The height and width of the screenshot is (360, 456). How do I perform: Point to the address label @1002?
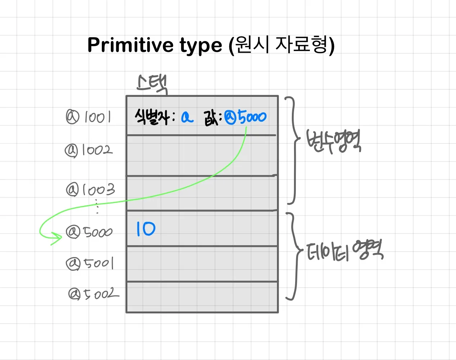(89, 150)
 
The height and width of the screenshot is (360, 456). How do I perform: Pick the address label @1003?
(90, 189)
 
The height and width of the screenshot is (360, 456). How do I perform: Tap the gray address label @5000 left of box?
(89, 232)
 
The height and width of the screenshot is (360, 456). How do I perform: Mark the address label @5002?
(93, 294)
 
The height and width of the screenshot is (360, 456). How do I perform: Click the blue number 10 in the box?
(146, 229)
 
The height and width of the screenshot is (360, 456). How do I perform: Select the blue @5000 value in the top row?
(245, 117)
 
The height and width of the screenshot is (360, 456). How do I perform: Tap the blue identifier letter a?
(187, 117)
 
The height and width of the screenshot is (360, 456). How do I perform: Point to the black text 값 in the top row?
(210, 118)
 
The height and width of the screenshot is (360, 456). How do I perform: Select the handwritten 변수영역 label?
(333, 141)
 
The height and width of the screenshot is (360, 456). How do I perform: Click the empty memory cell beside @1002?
(202, 156)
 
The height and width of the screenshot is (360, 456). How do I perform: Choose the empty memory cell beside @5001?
(202, 264)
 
